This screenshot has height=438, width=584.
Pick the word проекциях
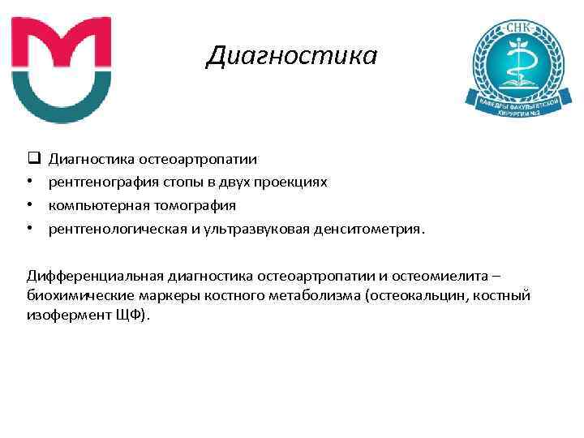coord(296,182)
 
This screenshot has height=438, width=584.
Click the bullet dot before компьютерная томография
coord(29,205)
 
